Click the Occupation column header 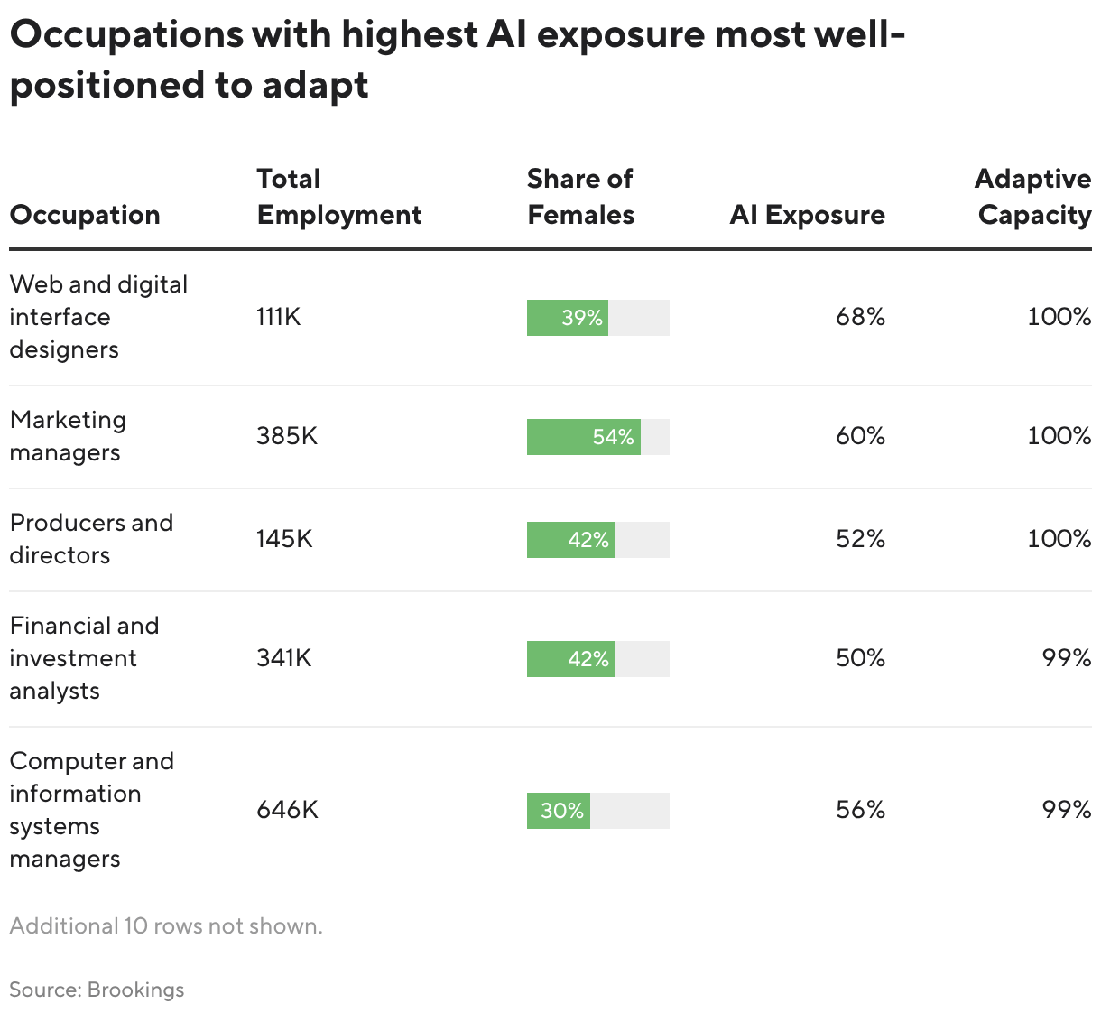click(85, 215)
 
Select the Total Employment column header click(338, 197)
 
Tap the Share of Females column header click(580, 197)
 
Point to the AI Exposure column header click(807, 215)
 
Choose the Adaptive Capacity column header click(1032, 197)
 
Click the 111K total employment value click(278, 317)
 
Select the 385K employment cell click(287, 436)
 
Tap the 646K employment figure click(287, 810)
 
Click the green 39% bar click(568, 318)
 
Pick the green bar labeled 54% click(583, 437)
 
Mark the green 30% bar click(558, 811)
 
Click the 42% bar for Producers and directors click(570, 540)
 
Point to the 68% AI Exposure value click(860, 317)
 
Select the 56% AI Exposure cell click(860, 810)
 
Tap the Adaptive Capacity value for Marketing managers click(1059, 436)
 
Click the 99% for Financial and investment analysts click(1067, 658)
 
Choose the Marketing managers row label click(68, 436)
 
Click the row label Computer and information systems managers click(91, 810)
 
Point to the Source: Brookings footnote click(97, 990)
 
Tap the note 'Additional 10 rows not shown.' click(166, 926)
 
